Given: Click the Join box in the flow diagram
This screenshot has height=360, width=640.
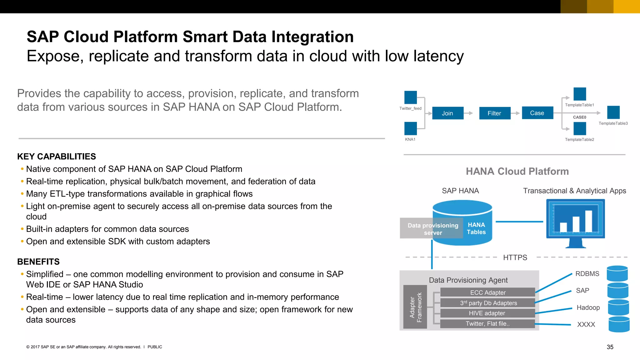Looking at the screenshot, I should (x=447, y=113).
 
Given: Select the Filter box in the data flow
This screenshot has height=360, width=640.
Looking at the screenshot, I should (x=494, y=113).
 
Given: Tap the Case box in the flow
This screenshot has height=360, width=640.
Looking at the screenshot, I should (x=537, y=113).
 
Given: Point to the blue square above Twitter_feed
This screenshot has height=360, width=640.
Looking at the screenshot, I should (x=410, y=97).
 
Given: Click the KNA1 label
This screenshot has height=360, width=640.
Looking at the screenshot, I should (x=410, y=139).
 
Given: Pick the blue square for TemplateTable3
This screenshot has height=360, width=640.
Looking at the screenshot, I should (x=613, y=112).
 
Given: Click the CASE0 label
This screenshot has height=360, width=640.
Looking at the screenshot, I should (x=579, y=117).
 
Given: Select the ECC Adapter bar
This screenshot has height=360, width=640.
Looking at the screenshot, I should (x=487, y=292).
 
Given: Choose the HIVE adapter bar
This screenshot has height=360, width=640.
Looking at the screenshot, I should (x=487, y=313).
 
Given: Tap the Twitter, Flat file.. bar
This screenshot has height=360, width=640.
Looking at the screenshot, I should (x=487, y=324).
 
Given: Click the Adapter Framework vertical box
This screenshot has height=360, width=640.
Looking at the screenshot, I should (x=415, y=307).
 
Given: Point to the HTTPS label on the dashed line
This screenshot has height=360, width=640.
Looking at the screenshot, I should (x=515, y=257).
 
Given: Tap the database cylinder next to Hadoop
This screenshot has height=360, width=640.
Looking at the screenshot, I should (x=618, y=307).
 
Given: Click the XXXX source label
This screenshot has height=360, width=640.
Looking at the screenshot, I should (x=586, y=324).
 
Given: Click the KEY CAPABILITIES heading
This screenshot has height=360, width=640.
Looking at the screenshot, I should (x=57, y=157).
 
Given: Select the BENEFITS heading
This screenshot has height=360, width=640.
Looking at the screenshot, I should (x=38, y=262).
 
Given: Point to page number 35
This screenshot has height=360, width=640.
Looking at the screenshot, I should (x=610, y=347).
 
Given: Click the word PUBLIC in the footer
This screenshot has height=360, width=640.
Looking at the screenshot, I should (x=155, y=347).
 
